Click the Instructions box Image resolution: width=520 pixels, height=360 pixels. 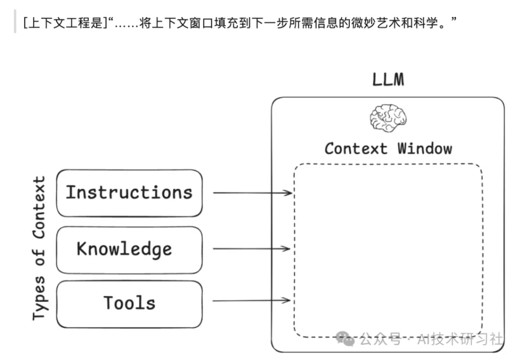click(129, 193)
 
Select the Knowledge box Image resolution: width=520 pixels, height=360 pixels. click(129, 250)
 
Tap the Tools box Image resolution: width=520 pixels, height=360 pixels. click(129, 303)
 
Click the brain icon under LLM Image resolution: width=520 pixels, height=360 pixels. click(387, 118)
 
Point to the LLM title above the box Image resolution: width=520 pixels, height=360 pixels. click(387, 80)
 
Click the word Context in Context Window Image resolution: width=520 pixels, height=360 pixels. click(356, 149)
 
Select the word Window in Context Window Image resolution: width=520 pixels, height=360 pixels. click(425, 149)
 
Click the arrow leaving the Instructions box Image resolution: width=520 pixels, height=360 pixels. click(251, 193)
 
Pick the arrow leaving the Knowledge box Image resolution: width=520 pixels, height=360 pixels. click(251, 250)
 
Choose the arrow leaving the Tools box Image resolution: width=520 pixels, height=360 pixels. click(251, 301)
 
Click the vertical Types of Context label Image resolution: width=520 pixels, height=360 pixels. click(39, 249)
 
